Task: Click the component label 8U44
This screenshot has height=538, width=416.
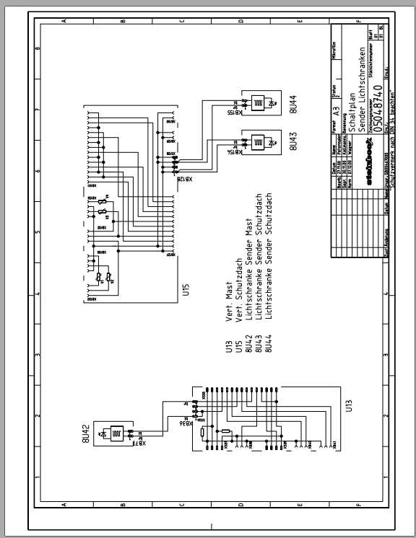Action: coord(294,105)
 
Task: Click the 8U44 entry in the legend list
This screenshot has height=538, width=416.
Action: coord(268,343)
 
